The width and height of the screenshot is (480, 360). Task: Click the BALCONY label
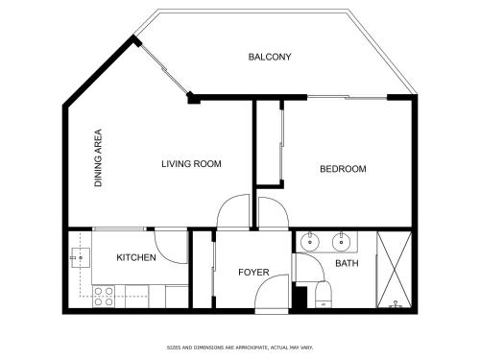270,57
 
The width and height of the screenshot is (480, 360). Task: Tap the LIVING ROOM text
191,164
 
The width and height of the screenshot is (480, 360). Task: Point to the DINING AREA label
98,157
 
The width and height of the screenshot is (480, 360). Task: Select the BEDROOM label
343,169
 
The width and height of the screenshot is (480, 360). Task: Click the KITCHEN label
136,257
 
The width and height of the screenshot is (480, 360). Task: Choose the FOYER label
253,273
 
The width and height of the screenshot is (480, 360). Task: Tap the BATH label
347,263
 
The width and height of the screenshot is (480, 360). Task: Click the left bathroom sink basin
310,242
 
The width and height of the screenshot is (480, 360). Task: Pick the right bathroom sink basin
342,242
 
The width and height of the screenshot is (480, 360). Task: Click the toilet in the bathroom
324,295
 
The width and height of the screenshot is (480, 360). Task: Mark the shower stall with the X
395,270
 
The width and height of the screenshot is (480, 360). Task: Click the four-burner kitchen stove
104,297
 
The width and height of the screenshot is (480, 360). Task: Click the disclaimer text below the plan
240,348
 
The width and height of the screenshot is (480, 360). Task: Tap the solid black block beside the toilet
300,298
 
